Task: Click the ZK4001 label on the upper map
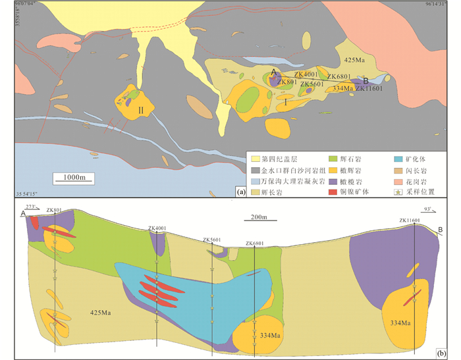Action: pos(306,75)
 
